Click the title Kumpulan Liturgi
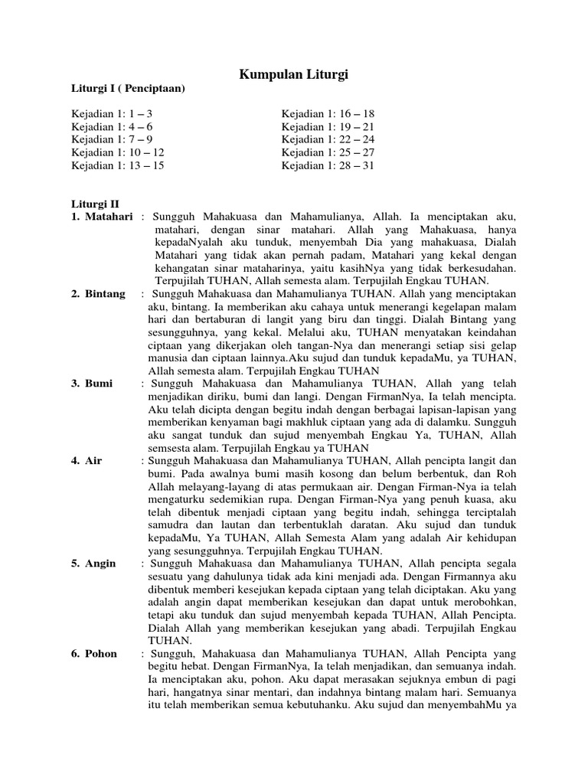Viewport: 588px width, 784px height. click(294, 74)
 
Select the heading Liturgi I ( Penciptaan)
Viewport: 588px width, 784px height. click(129, 89)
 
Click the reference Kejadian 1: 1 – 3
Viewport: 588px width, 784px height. click(113, 114)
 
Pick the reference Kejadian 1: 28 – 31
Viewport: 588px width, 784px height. click(328, 165)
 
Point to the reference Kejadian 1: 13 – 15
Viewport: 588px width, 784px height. click(118, 165)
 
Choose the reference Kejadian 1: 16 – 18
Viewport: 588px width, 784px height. click(328, 114)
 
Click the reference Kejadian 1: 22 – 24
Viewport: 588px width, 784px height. click(328, 140)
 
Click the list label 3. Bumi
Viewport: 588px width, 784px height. click(93, 383)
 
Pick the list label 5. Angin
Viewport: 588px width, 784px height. click(94, 563)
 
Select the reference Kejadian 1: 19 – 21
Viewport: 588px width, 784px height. click(328, 127)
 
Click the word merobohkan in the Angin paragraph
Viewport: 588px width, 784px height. click(483, 602)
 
